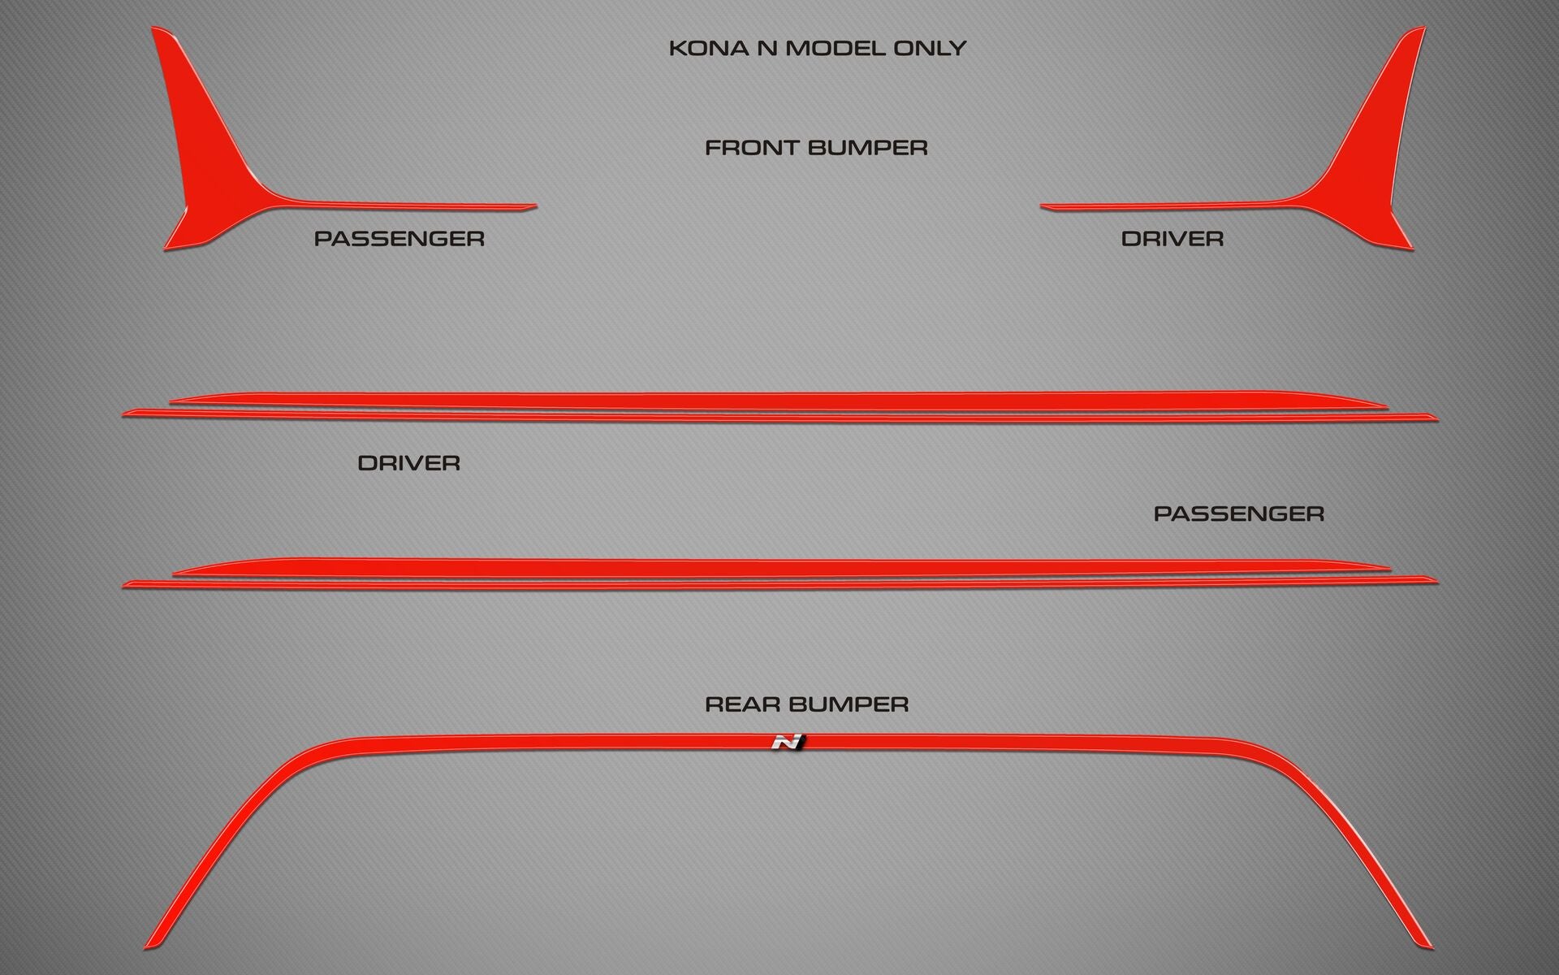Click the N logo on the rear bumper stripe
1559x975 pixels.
tap(787, 742)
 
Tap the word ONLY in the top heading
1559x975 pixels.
tap(930, 48)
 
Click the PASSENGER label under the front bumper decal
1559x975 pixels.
tap(399, 239)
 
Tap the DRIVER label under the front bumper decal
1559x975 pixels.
tap(1172, 239)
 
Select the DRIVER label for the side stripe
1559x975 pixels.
tap(409, 463)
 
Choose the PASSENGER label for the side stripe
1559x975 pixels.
tap(1239, 513)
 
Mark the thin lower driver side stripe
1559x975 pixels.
tap(779, 416)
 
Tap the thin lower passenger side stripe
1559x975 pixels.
tap(779, 583)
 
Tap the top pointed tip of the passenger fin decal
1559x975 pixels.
tap(153, 28)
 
